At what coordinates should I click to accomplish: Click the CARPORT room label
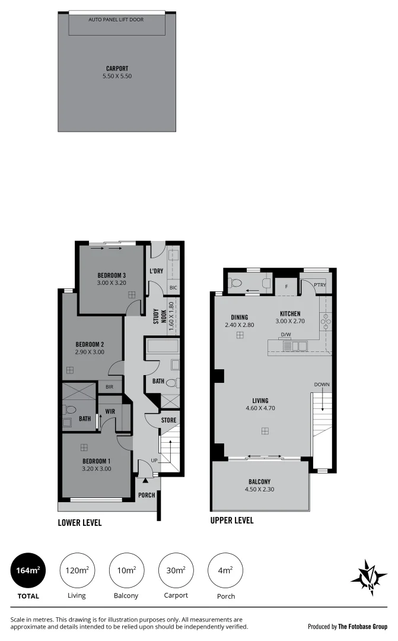(x=117, y=68)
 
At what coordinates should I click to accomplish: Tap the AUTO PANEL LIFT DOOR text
(x=116, y=20)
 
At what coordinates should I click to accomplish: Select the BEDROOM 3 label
(x=112, y=275)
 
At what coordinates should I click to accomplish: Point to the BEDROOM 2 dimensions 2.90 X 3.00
(x=90, y=352)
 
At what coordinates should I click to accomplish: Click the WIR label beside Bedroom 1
(x=110, y=411)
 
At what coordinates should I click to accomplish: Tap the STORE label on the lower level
(x=169, y=420)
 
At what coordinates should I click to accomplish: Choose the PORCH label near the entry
(x=146, y=495)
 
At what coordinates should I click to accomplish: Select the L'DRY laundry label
(x=157, y=271)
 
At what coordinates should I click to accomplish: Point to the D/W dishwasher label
(x=286, y=335)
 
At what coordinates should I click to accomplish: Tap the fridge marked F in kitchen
(x=286, y=286)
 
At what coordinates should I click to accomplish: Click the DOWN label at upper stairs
(x=321, y=385)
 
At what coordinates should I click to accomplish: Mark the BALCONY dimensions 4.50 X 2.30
(x=259, y=490)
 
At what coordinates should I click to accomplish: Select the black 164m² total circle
(x=28, y=571)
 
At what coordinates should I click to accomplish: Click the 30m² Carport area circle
(x=176, y=571)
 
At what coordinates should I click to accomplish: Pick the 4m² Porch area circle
(x=225, y=571)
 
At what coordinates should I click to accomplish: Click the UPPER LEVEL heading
(x=232, y=521)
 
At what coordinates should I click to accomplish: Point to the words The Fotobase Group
(x=362, y=626)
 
